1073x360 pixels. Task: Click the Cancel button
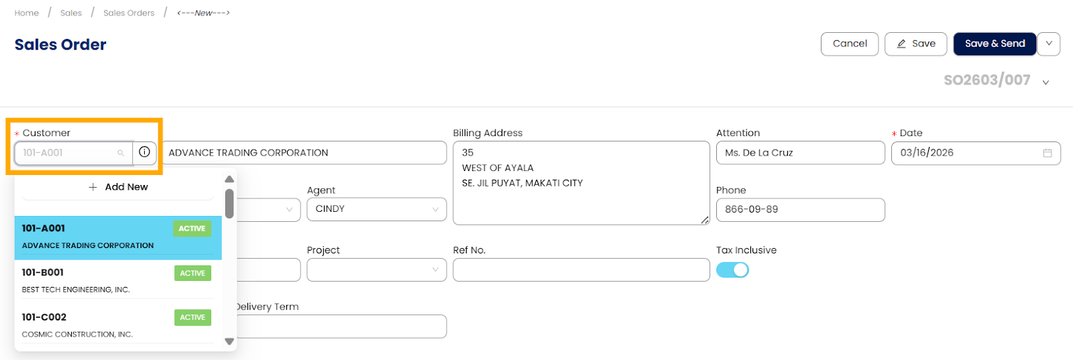click(849, 44)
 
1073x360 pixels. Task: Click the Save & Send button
click(995, 44)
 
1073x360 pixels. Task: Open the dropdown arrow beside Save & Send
click(1049, 44)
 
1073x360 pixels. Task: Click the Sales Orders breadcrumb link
click(129, 13)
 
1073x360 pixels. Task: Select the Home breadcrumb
click(27, 13)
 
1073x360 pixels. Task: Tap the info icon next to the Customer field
click(144, 152)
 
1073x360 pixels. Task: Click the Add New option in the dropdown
click(118, 187)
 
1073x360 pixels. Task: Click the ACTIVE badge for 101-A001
click(192, 229)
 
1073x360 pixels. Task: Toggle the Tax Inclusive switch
click(732, 269)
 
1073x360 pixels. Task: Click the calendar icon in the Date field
click(1048, 153)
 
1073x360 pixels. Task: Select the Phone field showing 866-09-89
click(800, 210)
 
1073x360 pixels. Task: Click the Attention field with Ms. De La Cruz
click(800, 153)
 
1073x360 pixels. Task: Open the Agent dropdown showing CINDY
click(376, 209)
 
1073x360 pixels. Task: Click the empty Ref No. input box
click(581, 270)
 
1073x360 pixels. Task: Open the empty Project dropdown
click(376, 270)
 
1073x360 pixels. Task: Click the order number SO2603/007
click(986, 80)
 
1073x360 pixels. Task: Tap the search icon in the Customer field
click(121, 153)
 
